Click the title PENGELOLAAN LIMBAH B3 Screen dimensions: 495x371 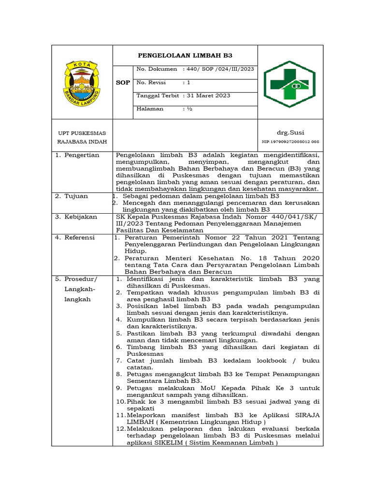[185, 56]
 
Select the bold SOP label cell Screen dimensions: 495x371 [123, 83]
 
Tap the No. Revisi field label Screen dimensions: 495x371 [151, 83]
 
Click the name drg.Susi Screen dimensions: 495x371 [290, 132]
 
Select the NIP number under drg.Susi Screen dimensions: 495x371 [290, 142]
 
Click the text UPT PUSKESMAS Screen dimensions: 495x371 [82, 133]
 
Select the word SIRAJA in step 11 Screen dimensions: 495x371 [305, 415]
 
